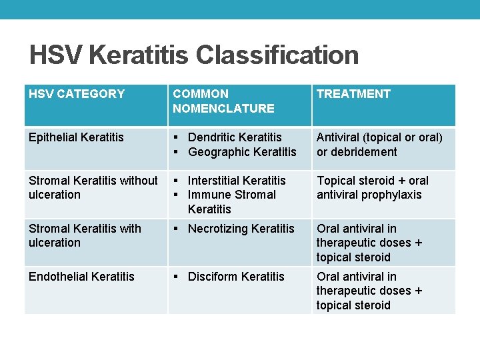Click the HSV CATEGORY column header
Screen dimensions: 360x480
77,94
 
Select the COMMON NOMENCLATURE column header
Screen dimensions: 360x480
223,101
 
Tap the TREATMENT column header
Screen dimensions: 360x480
353,94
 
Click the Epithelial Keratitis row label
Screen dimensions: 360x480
76,137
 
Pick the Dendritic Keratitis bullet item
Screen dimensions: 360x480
235,137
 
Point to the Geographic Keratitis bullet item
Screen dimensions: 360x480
242,152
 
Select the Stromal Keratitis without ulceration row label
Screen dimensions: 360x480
93,187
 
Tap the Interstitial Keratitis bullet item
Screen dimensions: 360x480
237,181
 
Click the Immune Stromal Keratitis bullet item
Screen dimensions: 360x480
231,195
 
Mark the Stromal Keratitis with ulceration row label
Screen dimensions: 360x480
85,235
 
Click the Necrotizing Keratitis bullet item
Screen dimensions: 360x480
241,229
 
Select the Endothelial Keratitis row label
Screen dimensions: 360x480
81,277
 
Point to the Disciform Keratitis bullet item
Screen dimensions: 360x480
236,277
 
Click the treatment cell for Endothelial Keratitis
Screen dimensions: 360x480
369,291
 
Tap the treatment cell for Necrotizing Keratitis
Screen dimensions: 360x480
369,243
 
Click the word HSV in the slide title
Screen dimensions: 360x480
55,55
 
